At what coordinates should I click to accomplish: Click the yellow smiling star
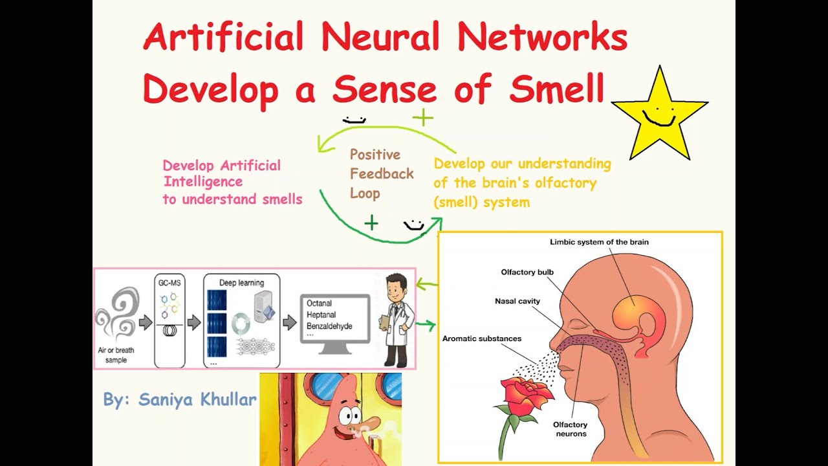point(659,115)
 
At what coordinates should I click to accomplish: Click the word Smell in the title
point(556,89)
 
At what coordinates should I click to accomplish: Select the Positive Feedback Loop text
point(381,173)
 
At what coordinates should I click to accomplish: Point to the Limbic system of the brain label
point(599,242)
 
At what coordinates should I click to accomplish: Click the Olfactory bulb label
point(527,272)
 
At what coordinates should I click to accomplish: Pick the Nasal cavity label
point(517,301)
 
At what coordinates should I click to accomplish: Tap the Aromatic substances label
point(481,338)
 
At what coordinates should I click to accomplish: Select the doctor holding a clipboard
point(395,320)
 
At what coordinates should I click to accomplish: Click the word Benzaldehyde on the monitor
point(329,326)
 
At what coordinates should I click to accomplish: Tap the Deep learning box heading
point(241,283)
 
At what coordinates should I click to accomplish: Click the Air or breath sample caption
point(116,355)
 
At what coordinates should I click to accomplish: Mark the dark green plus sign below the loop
point(371,224)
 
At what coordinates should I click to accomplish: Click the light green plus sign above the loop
point(422,118)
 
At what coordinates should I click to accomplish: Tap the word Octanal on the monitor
point(320,303)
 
